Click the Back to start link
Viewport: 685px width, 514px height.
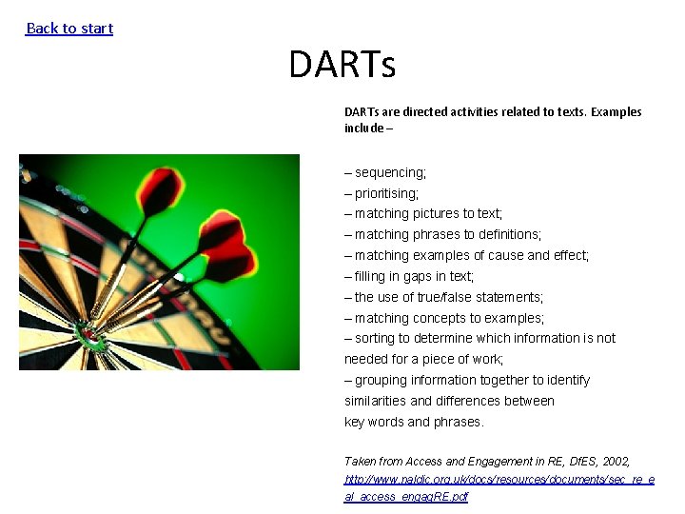(69, 29)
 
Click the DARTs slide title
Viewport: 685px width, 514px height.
(342, 66)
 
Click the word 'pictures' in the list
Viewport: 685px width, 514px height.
(440, 213)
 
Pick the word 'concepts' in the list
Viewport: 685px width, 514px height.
(441, 318)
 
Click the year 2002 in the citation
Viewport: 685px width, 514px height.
(613, 461)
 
